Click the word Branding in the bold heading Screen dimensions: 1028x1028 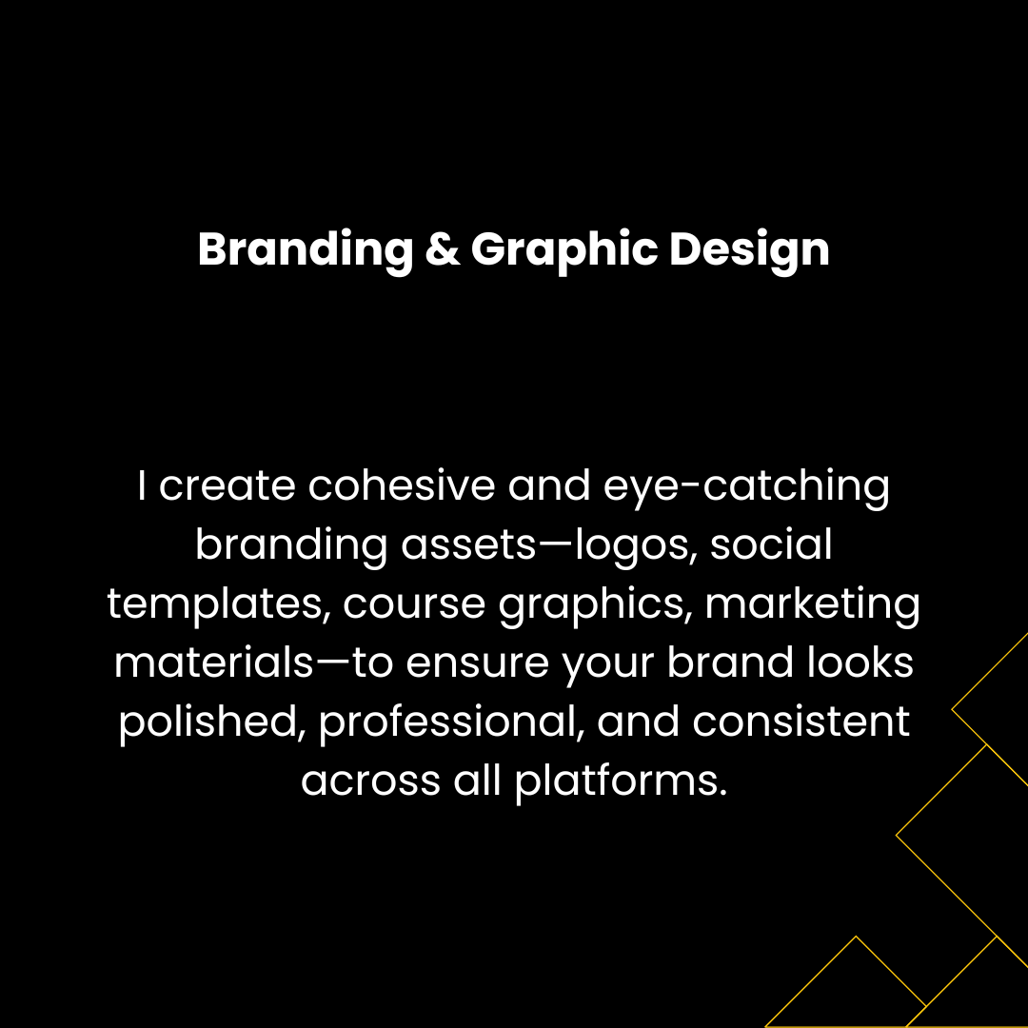pos(306,250)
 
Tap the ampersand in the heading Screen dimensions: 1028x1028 pos(443,249)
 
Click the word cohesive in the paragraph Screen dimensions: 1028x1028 pos(402,485)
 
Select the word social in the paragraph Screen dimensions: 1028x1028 pos(771,544)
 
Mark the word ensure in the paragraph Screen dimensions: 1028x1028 pos(477,663)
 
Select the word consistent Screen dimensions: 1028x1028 pos(801,722)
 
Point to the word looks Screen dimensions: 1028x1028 pos(860,662)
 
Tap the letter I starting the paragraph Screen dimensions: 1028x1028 pos(141,485)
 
